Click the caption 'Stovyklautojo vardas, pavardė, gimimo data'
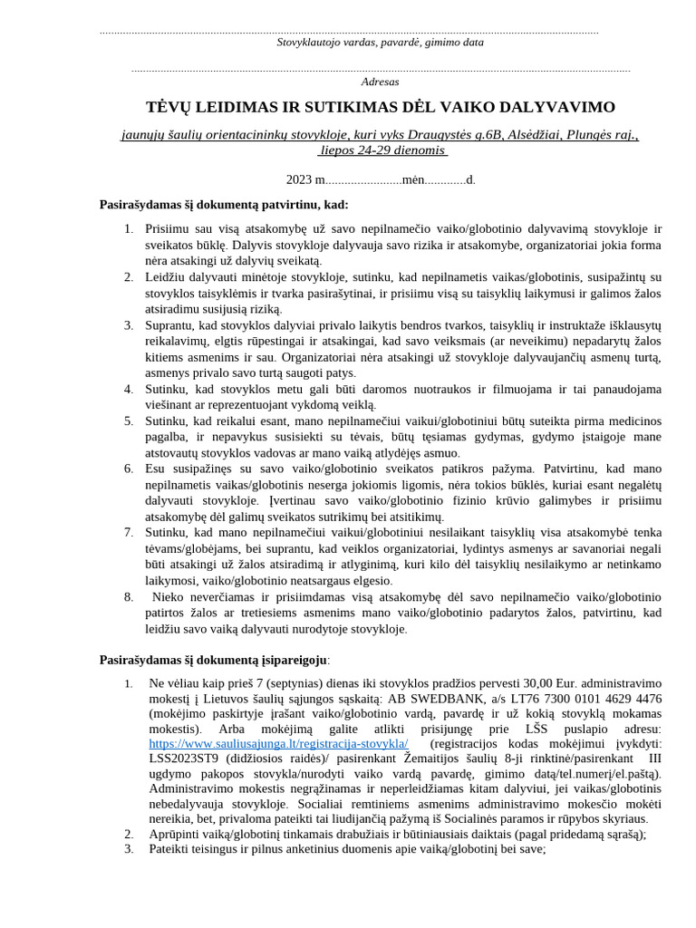(380, 42)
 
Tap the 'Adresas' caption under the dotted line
(380, 82)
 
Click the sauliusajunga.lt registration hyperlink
(278, 743)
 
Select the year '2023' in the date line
(298, 179)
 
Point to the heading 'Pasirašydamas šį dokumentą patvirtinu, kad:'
(224, 205)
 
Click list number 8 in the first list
(128, 596)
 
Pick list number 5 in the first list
(128, 420)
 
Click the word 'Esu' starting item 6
(156, 469)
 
